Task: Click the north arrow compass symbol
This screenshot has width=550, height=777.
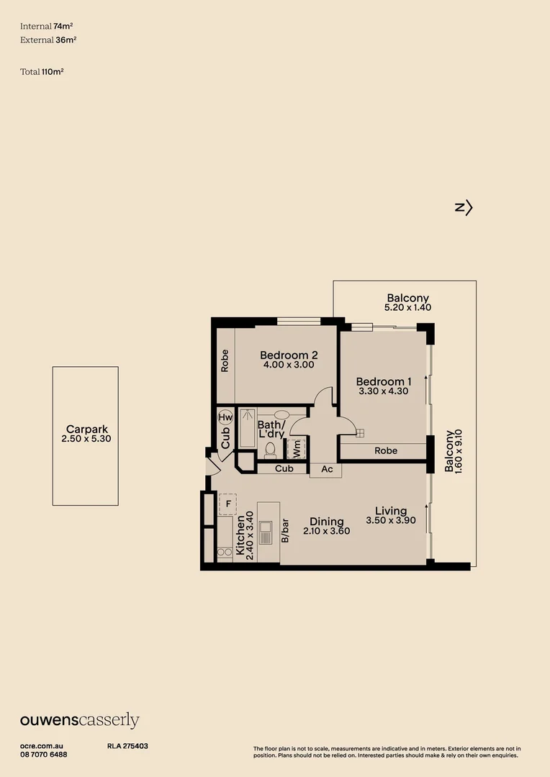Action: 464,208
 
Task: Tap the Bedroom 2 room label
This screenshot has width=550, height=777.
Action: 288,355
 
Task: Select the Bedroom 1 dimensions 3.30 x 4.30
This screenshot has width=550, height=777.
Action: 384,391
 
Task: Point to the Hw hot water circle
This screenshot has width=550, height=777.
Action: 225,417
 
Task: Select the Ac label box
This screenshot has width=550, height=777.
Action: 326,469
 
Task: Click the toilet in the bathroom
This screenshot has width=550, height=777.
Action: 271,450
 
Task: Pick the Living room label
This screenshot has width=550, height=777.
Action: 391,511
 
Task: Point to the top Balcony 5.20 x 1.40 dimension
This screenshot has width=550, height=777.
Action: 407,307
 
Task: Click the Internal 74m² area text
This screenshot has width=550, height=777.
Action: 47,26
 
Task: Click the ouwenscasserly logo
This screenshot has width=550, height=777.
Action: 79,721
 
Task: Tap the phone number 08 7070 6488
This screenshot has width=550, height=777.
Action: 44,755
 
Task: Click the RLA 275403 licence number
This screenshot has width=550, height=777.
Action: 127,747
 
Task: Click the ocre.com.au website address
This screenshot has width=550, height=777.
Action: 42,747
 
